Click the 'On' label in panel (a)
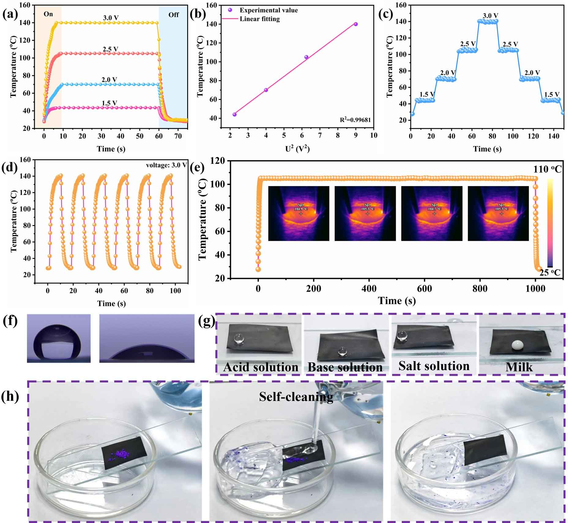tap(48, 14)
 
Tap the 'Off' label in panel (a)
tap(173, 15)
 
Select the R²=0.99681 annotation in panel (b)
tap(355, 120)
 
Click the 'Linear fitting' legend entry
tap(259, 19)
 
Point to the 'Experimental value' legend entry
tap(268, 10)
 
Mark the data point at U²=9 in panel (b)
tap(356, 24)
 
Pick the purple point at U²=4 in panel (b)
tap(266, 90)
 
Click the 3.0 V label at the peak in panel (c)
tap(490, 15)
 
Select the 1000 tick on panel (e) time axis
tap(535, 289)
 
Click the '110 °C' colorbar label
tap(548, 169)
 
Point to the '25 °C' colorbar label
tap(550, 272)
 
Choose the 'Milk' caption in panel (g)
tap(519, 367)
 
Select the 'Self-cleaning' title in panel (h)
tap(296, 397)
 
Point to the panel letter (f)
tap(10, 322)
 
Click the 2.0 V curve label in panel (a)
tap(109, 80)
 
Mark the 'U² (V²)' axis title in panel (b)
tap(297, 149)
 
